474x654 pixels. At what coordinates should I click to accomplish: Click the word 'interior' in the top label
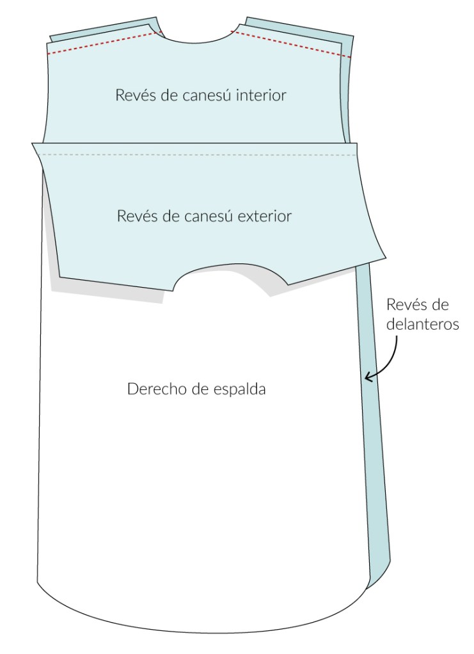tap(261, 96)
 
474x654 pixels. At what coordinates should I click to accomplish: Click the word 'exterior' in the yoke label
tap(265, 217)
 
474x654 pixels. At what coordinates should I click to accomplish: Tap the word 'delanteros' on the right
tap(424, 324)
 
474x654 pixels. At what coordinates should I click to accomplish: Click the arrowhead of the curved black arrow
tap(368, 380)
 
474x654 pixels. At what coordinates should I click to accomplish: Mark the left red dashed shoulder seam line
tap(102, 43)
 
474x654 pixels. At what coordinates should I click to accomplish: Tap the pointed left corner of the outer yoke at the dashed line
tap(33, 145)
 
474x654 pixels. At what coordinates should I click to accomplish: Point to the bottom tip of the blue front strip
tap(371, 587)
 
